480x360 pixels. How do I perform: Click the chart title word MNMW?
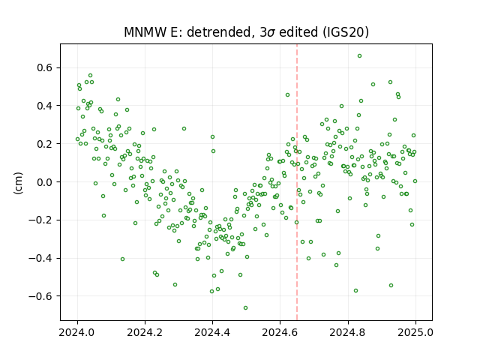(145, 32)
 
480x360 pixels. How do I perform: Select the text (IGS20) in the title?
(345, 32)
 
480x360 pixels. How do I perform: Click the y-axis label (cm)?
(18, 183)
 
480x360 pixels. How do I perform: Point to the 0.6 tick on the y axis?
(44, 67)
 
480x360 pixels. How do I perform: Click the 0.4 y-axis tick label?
(44, 106)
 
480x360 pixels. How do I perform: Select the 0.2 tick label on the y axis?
(44, 144)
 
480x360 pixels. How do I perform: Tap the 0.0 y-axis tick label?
(44, 181)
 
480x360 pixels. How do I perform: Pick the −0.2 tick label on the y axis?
(40, 220)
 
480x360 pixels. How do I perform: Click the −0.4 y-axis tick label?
(40, 258)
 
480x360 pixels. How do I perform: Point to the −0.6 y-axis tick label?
(40, 296)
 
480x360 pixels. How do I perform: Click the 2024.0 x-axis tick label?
(77, 332)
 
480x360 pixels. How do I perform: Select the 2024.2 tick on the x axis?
(145, 332)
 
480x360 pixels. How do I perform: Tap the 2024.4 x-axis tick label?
(212, 332)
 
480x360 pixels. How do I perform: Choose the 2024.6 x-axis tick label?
(280, 332)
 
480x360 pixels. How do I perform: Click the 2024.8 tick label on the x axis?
(348, 332)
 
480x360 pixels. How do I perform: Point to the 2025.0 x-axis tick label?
(415, 332)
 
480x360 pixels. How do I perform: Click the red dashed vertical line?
(297, 182)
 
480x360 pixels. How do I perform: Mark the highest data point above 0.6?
(360, 55)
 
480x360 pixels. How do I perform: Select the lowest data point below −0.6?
(245, 307)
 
